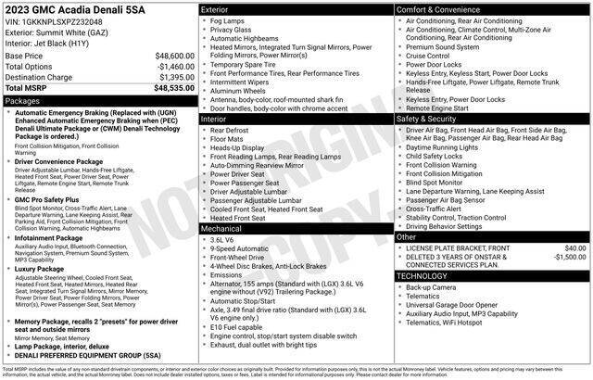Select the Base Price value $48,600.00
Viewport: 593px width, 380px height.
pyautogui.click(x=174, y=56)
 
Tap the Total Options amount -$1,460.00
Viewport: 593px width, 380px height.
pyautogui.click(x=175, y=67)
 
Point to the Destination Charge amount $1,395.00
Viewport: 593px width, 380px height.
pyautogui.click(x=176, y=77)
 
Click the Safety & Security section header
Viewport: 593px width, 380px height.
pyautogui.click(x=429, y=120)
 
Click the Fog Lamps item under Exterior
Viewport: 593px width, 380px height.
pyautogui.click(x=231, y=19)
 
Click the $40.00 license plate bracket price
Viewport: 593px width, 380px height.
pyautogui.click(x=575, y=248)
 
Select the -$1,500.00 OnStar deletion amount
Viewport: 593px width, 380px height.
pyautogui.click(x=569, y=258)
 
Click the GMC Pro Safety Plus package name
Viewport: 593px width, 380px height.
pyautogui.click(x=47, y=198)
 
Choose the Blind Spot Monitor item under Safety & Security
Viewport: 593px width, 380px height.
pyautogui.click(x=441, y=184)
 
